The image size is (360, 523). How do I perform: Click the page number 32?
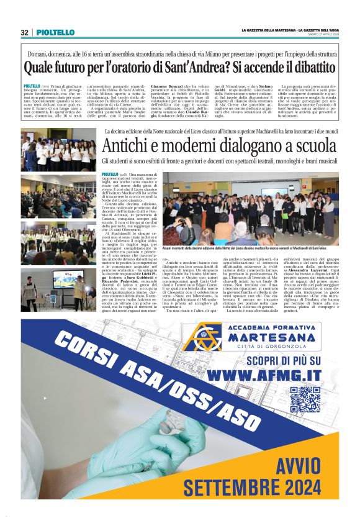pos(24,32)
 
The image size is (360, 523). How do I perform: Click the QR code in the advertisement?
pos(305,399)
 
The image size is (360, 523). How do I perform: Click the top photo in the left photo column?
pos(59,150)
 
